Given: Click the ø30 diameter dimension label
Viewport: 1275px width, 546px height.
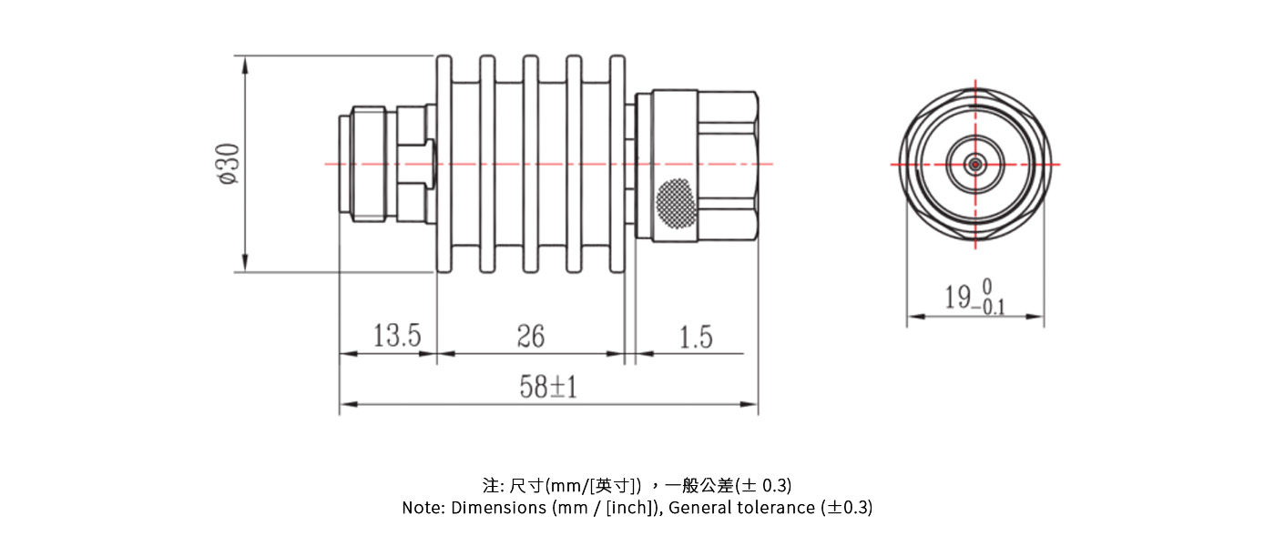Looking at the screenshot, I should [x=228, y=165].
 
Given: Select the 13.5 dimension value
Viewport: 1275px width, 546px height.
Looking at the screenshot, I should [x=397, y=337].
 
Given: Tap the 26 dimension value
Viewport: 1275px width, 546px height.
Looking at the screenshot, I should [x=530, y=337].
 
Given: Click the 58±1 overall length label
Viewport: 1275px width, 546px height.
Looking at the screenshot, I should [x=548, y=389].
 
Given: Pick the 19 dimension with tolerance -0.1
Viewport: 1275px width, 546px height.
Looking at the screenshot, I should [x=974, y=298].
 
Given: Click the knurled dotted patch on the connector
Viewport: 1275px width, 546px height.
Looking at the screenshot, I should [x=676, y=201].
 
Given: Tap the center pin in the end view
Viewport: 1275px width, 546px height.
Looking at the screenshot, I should [x=975, y=165].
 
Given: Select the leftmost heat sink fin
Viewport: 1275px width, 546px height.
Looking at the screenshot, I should [x=444, y=164].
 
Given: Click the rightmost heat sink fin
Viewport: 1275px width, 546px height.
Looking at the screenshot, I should [x=617, y=164].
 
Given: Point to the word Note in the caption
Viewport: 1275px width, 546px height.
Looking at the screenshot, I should [x=422, y=508].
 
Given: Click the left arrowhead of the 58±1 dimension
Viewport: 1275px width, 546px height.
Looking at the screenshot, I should [x=345, y=405].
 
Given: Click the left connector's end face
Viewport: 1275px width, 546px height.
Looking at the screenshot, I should [x=342, y=165].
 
